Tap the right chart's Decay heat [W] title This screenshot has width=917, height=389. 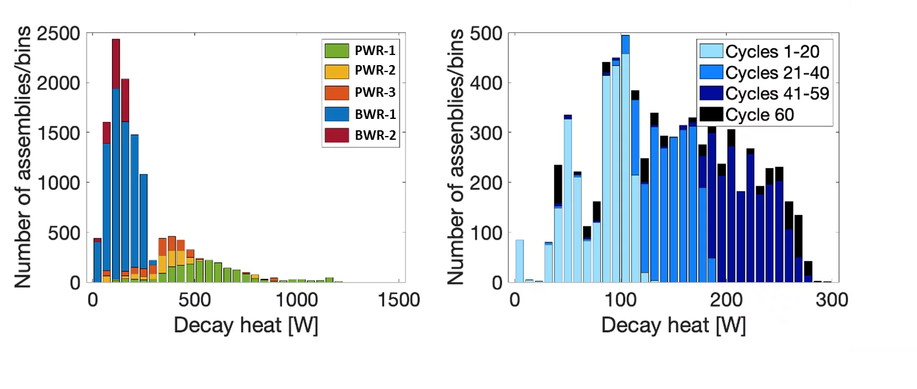point(674,326)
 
